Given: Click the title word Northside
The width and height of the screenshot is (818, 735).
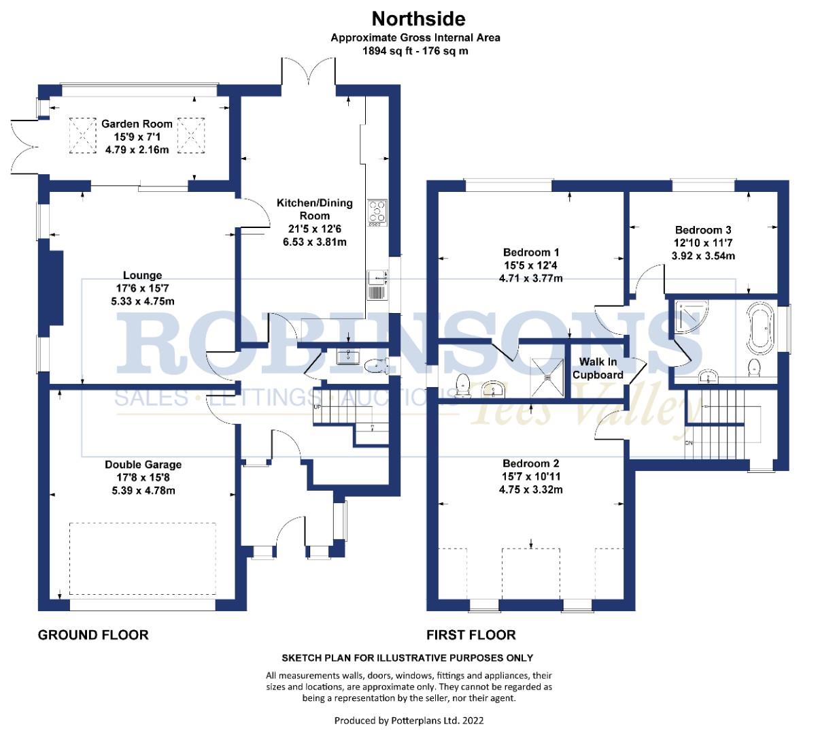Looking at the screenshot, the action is pyautogui.click(x=418, y=19).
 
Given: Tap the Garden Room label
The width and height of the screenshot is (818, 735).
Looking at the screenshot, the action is pyautogui.click(x=137, y=124).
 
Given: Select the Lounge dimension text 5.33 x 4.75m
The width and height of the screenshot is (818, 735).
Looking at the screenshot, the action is pyautogui.click(x=143, y=301).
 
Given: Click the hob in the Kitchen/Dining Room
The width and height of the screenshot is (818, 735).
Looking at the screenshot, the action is pyautogui.click(x=377, y=212).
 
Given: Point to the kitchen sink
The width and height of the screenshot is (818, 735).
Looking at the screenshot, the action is pyautogui.click(x=377, y=285).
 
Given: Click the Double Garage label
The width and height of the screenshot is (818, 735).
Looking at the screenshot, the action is pyautogui.click(x=143, y=464).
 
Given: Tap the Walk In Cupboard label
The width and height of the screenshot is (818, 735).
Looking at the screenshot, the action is pyautogui.click(x=598, y=368).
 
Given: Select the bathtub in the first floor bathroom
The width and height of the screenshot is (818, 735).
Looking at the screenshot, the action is pyautogui.click(x=760, y=329).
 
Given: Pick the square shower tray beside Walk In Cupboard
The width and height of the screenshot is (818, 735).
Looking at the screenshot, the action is pyautogui.click(x=547, y=377).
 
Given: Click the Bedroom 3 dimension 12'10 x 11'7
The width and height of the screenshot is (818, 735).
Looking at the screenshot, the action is pyautogui.click(x=703, y=243).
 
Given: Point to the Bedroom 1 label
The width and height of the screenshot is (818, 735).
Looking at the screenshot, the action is pyautogui.click(x=531, y=252).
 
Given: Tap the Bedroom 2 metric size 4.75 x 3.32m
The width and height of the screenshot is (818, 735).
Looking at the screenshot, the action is pyautogui.click(x=530, y=489).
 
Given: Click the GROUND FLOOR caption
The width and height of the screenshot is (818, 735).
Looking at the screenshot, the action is pyautogui.click(x=93, y=635).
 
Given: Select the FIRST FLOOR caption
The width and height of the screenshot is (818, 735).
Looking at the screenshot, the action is pyautogui.click(x=471, y=635).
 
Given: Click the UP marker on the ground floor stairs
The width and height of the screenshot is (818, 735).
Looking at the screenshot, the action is pyautogui.click(x=318, y=407).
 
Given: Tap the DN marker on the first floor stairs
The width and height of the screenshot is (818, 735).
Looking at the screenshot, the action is pyautogui.click(x=689, y=443).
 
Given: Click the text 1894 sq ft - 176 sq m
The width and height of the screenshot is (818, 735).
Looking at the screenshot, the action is pyautogui.click(x=415, y=51).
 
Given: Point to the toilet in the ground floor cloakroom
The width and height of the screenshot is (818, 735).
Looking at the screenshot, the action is pyautogui.click(x=376, y=365).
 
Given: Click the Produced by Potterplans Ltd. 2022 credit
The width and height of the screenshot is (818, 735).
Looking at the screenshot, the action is pyautogui.click(x=409, y=720).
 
